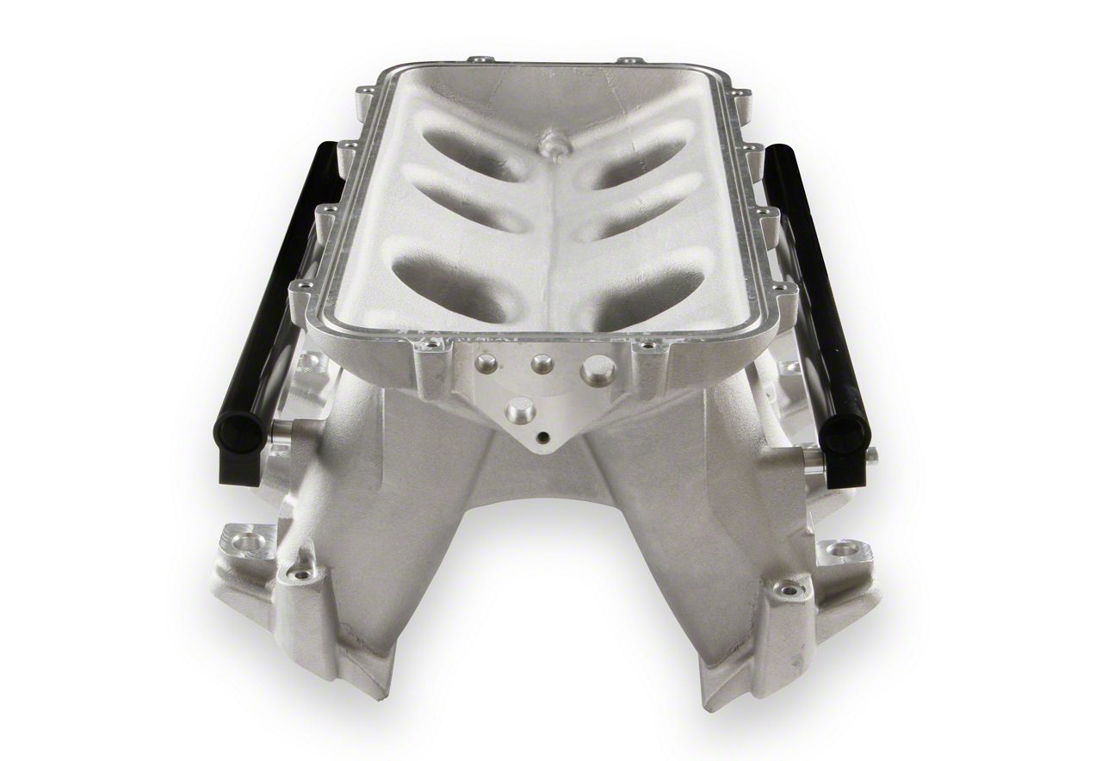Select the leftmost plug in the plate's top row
pos(487,363)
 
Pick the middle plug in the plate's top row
pos(542,364)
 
